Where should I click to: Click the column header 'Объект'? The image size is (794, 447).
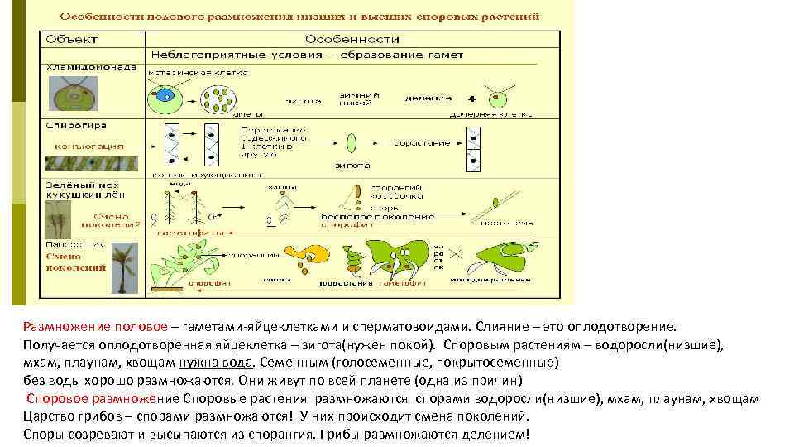pos(72,39)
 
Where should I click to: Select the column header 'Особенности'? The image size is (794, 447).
pos(352,39)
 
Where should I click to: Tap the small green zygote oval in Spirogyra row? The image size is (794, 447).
pos(352,142)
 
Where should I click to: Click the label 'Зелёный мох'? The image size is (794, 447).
pos(83,185)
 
